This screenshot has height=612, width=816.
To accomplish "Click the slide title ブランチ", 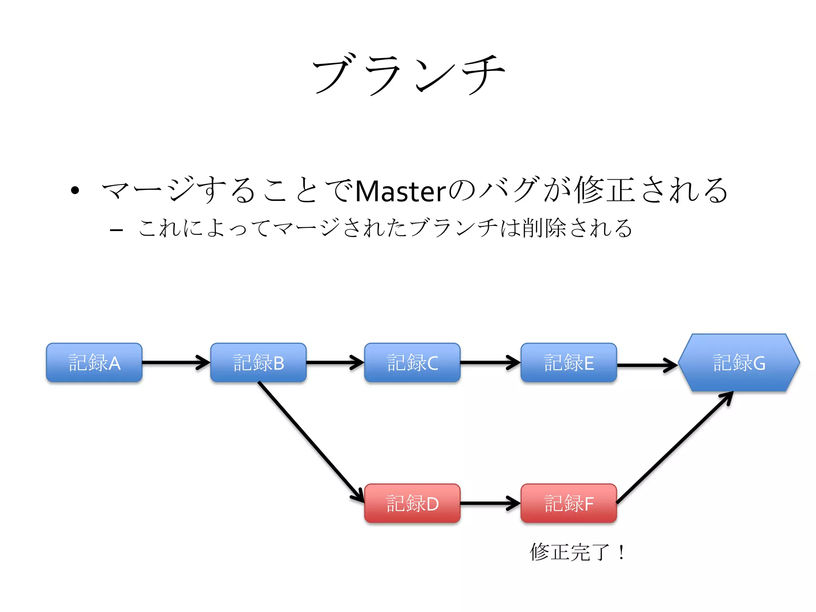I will pos(408,75).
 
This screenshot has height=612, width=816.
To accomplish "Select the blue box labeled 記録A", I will pos(94,363).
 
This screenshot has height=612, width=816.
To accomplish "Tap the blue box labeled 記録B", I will pos(258,363).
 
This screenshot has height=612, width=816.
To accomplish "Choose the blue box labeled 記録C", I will pos(412,363).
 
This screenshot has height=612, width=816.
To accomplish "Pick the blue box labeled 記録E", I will pos(569,363).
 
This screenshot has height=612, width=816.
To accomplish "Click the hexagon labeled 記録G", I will pos(739,363).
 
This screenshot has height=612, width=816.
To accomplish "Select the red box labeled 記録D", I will pos(412,503).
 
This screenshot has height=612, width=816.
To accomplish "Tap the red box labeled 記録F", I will pos(569,503).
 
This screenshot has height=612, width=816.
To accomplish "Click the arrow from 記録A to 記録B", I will pos(175,362).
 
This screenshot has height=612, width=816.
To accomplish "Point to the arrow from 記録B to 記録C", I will pos(335,362).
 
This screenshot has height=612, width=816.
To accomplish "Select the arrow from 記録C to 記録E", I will pos(490,362).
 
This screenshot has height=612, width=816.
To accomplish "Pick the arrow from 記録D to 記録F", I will pos(490,503).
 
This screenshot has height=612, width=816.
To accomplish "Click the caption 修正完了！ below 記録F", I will pos(578,552).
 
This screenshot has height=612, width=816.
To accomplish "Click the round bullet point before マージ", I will pos(75,190).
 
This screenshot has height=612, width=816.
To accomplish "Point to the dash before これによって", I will pos(116,230).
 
